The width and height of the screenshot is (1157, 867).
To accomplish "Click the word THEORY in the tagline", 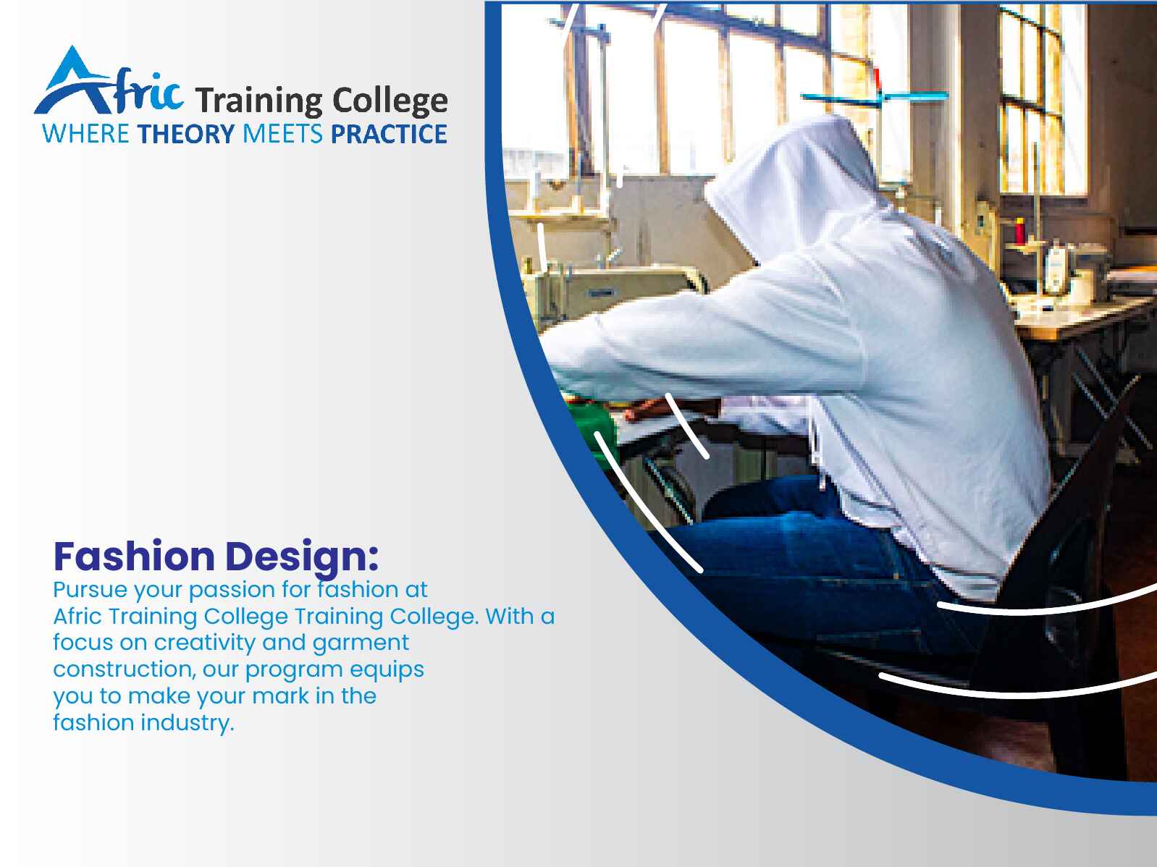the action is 185,134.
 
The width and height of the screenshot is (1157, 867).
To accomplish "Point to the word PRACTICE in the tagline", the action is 389,134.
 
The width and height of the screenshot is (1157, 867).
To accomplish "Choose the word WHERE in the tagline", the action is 85,134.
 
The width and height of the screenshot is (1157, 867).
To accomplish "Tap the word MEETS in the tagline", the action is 282,134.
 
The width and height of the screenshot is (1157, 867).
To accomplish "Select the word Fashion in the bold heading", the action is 135,557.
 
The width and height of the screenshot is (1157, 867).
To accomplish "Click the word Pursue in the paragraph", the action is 91,590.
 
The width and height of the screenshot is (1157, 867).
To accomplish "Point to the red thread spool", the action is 1019,231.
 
